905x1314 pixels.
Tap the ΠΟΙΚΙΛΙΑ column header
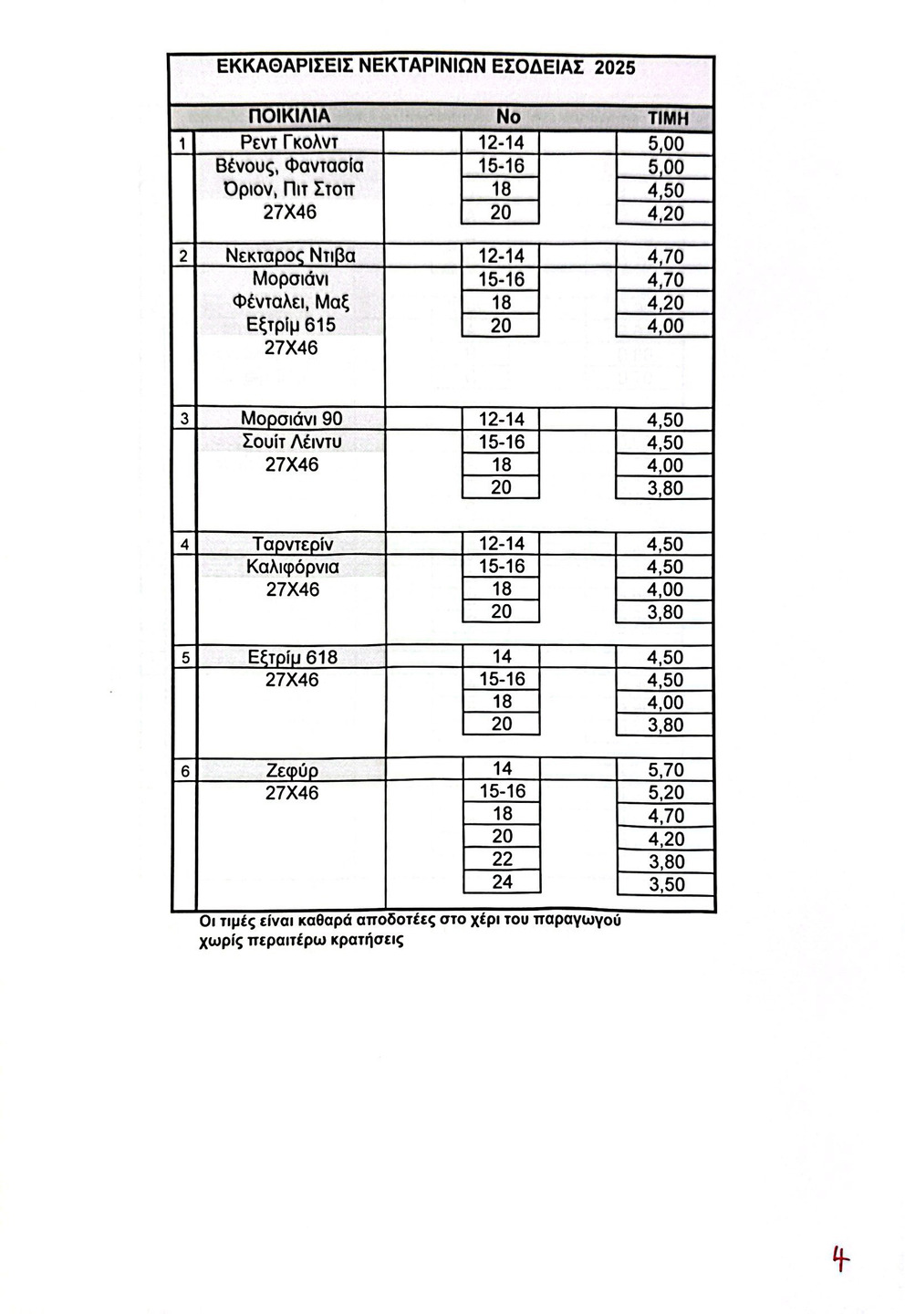point(289,117)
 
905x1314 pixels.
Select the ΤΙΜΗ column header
point(667,119)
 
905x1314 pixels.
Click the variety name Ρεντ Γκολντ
point(289,142)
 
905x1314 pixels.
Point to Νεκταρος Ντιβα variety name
point(290,256)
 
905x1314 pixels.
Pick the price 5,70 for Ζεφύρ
point(665,770)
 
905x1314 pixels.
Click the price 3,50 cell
point(665,884)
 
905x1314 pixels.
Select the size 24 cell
point(502,882)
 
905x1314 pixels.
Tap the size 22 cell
point(502,860)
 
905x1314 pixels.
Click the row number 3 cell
point(184,420)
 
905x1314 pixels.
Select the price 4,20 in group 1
point(665,214)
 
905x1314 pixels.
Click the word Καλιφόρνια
point(292,567)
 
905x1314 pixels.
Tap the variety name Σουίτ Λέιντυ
point(291,443)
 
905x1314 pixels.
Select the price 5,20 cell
point(665,793)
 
